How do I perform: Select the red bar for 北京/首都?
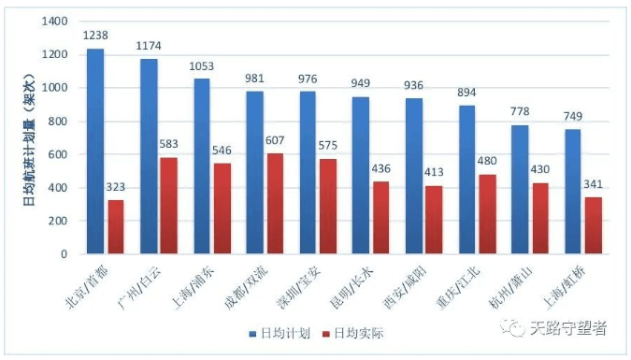116,227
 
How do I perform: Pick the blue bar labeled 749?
573,192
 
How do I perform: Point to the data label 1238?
95,36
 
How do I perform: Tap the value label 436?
381,170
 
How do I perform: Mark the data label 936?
414,85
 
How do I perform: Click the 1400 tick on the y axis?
56,22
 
